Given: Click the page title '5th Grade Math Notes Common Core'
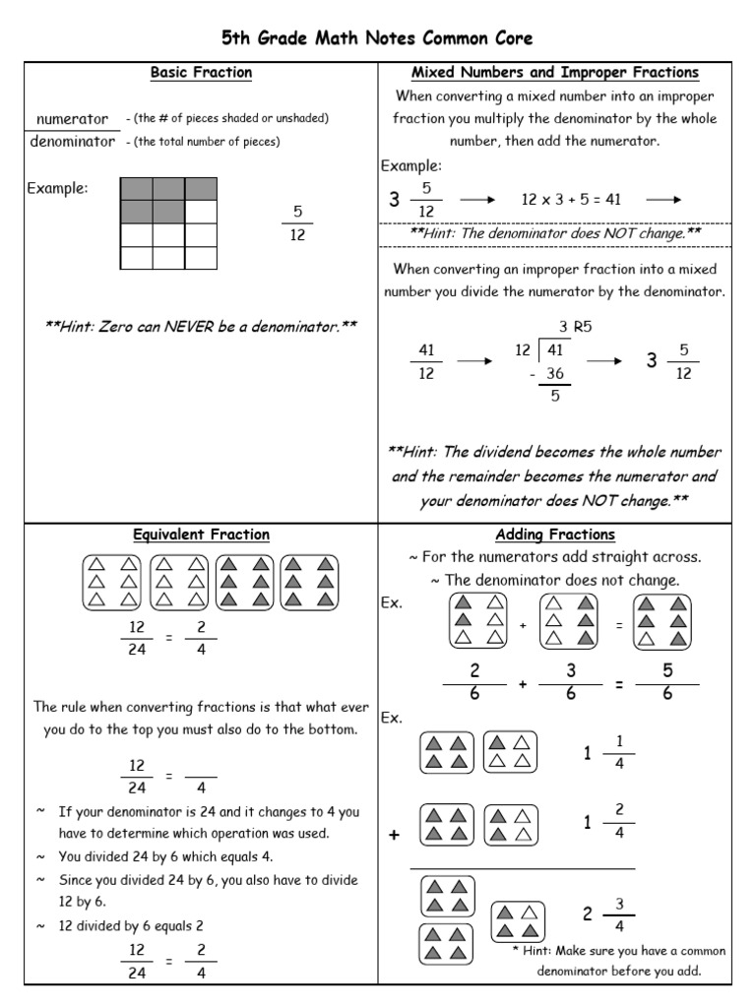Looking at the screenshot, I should click(377, 38).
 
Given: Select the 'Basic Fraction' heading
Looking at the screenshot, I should click(201, 73).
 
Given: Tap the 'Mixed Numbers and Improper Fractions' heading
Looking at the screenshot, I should click(554, 73).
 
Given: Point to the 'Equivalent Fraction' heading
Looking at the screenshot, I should click(201, 535).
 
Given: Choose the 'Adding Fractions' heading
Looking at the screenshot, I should click(554, 535).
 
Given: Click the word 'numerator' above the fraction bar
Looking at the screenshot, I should click(71, 119).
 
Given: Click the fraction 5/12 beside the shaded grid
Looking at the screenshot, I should click(297, 223).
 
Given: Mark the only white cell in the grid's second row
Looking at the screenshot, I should click(201, 212).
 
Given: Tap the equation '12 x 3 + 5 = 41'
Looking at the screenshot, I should click(571, 200).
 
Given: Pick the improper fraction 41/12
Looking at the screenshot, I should click(426, 361).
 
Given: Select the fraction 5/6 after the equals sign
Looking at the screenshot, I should click(667, 682).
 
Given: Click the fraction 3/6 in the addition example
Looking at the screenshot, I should click(570, 682).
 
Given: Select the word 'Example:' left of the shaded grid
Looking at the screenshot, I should click(57, 188).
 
